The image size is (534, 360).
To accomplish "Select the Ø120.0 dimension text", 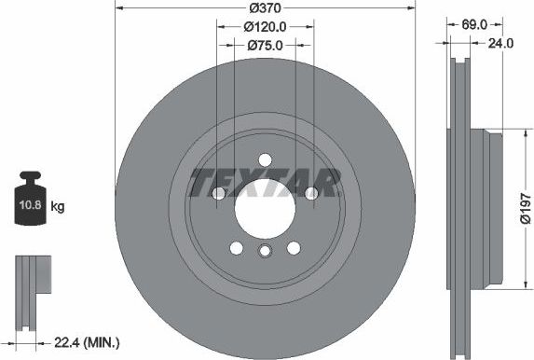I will [265, 27].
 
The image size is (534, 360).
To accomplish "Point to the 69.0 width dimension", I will [461, 26].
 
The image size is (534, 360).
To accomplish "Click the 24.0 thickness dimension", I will [502, 43].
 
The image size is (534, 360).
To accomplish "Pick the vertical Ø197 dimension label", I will [525, 206].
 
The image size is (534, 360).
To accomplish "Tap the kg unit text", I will [58, 205].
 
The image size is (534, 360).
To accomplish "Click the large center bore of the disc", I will [265, 207].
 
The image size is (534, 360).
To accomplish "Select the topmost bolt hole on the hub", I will [265, 159].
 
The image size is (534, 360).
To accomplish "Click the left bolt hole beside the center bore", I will [218, 193].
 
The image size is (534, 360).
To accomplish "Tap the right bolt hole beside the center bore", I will [310, 193].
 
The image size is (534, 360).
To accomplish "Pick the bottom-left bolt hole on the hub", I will [236, 247].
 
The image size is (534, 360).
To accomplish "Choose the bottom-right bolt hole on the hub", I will [294, 247].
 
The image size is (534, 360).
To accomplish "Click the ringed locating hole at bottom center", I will [265, 251].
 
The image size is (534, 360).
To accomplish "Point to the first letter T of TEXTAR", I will [199, 184].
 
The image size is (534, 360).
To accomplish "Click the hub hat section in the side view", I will [488, 208].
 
